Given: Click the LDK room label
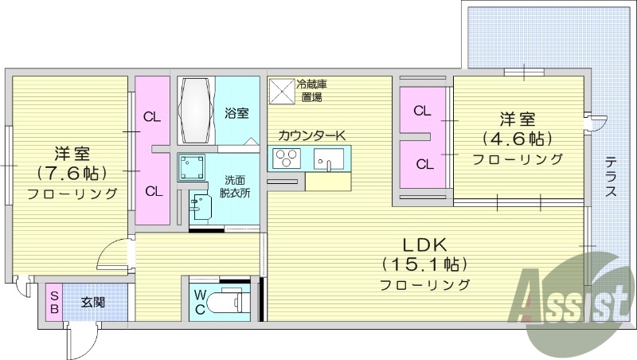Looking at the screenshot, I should point(423,245).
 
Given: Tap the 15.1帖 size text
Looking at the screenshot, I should point(424,264).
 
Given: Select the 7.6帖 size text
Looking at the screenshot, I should point(72,173).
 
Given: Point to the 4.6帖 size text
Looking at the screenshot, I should point(517,139).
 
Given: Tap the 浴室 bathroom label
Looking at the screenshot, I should point(236,114).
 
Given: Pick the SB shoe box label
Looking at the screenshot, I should point(54,302).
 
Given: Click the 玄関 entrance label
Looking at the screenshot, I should point(92,303).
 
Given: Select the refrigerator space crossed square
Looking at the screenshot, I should point(281,90).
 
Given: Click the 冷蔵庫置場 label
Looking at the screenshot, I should point(311,90).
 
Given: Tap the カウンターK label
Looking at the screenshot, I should point(311,135).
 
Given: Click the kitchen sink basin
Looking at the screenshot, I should point(327,160).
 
